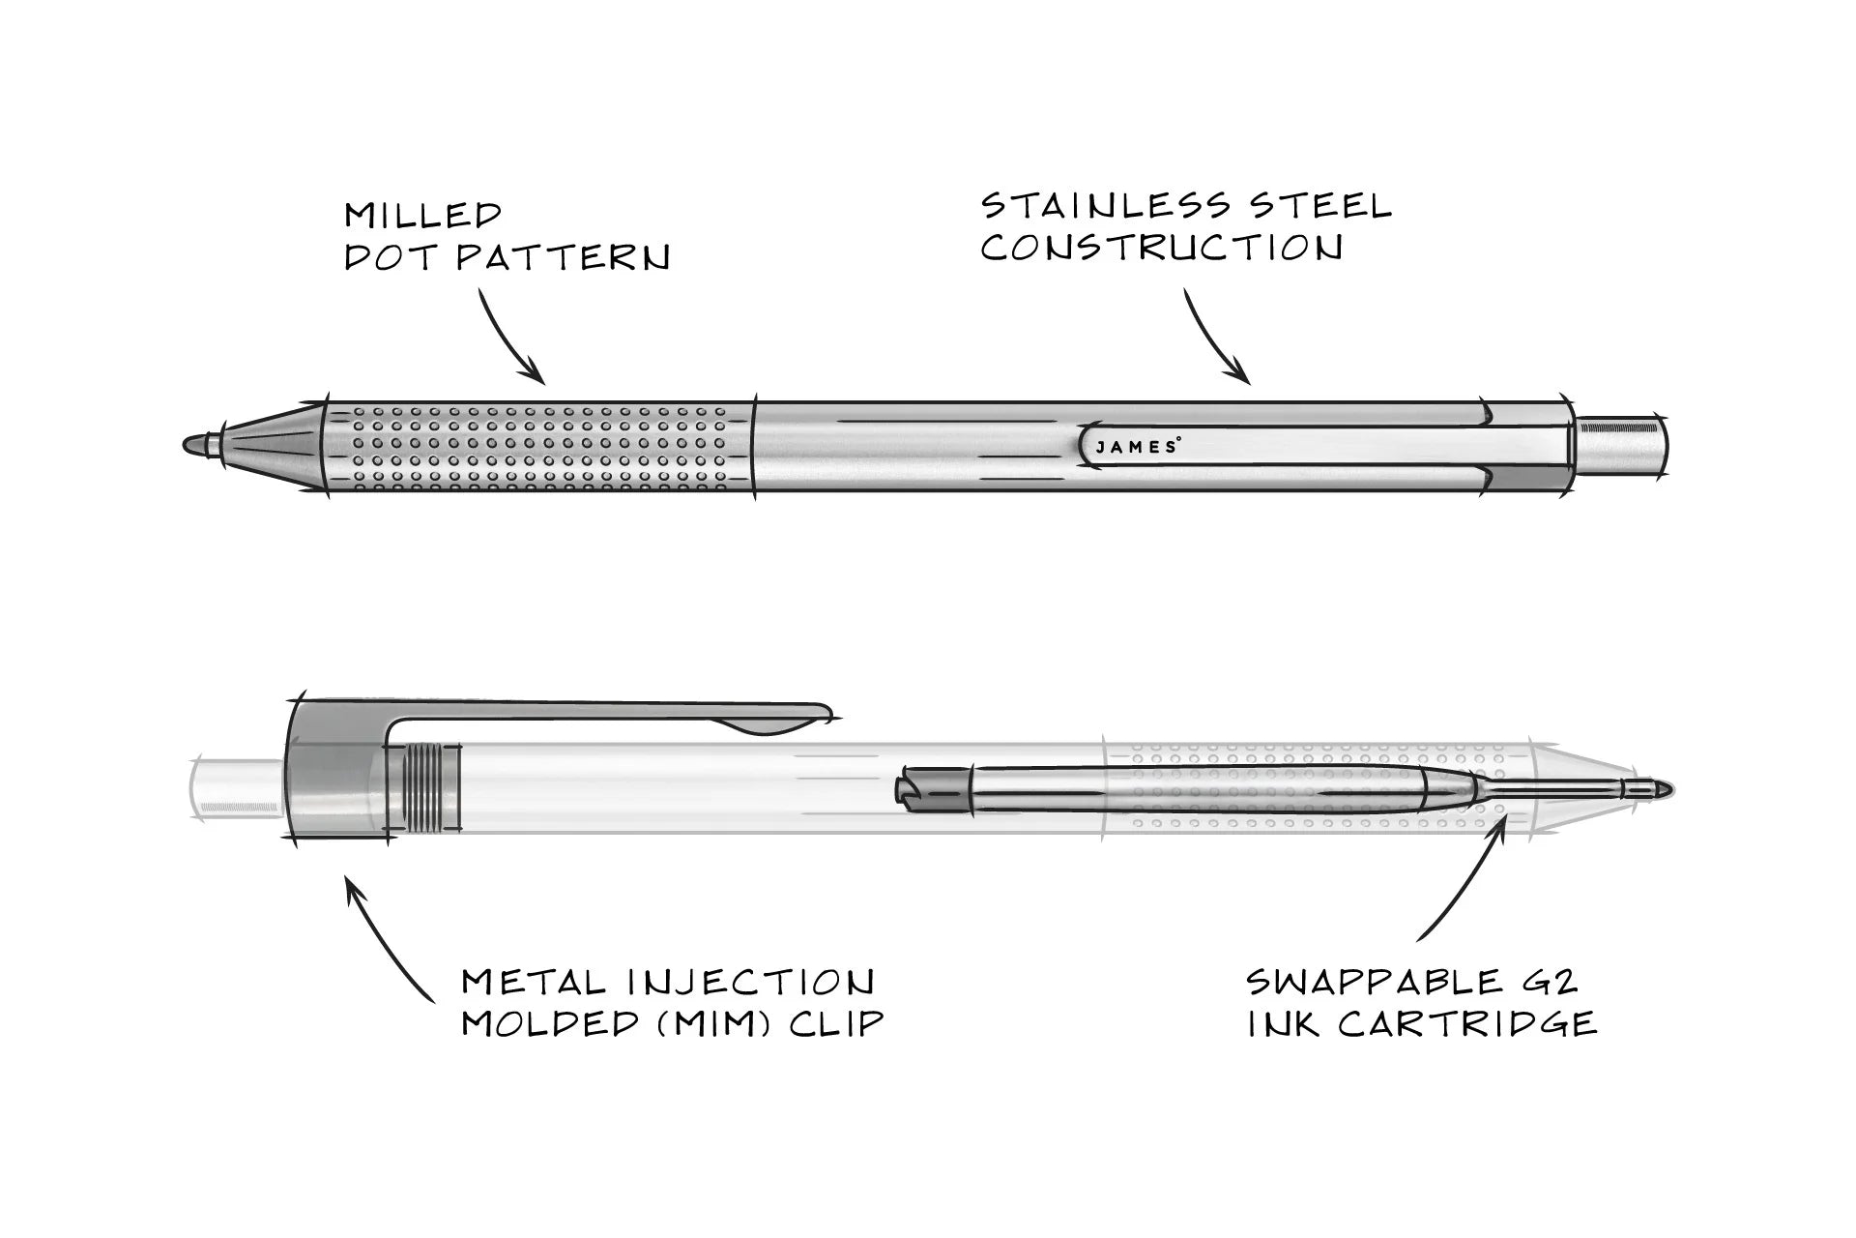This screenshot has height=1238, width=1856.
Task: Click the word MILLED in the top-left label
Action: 423,215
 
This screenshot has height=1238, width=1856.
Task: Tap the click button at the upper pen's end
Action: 1619,445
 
